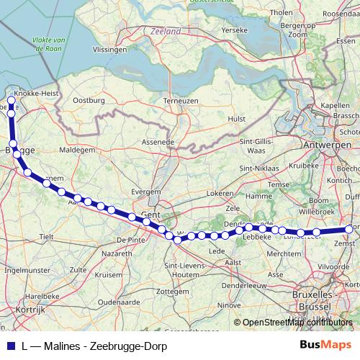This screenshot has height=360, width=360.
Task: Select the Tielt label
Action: [47, 235]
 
